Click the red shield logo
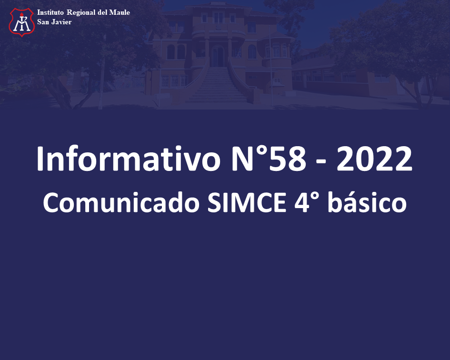22,22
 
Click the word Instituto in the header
50,12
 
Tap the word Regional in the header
81,13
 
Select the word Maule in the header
120,12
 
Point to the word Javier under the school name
61,22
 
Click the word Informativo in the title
129,159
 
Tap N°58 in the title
269,159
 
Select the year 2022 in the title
374,159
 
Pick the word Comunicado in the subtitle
121,202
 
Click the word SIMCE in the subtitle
247,202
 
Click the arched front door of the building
218,56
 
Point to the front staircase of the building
217,84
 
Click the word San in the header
43,22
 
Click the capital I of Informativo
40,159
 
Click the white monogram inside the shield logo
22,23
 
